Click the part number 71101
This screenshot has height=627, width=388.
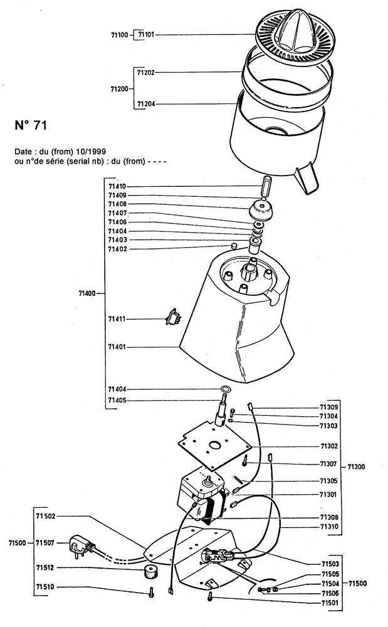(146, 34)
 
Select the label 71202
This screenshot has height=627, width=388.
(146, 73)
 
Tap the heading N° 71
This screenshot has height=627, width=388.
(31, 125)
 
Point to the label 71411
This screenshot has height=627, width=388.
(117, 319)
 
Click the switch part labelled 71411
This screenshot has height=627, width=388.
(174, 318)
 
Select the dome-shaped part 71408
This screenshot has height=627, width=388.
(261, 210)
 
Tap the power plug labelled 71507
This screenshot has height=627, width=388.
(82, 546)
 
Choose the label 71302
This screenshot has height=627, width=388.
(329, 446)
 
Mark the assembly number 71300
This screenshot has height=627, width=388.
(356, 466)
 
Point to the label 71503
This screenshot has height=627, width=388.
(330, 564)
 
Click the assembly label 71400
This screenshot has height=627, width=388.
(87, 293)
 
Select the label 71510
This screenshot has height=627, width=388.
(45, 587)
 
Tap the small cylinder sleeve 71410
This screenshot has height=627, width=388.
(265, 186)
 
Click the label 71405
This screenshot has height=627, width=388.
(117, 400)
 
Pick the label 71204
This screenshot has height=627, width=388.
(146, 104)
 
